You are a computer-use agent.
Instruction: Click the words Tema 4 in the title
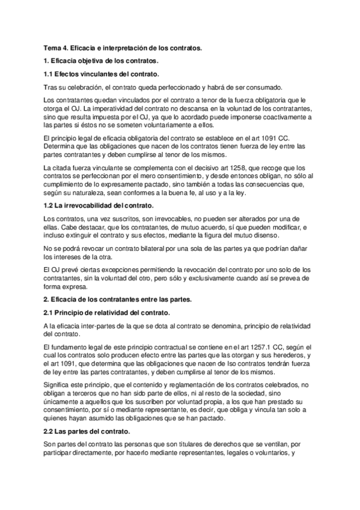pyautogui.click(x=55, y=47)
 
